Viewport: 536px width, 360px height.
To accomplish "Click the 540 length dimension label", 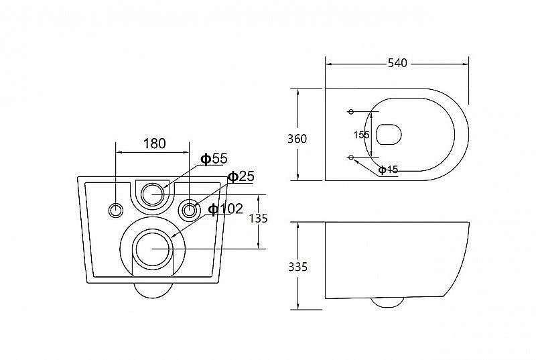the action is coord(397,63).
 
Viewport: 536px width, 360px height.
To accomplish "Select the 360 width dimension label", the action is coord(297,139).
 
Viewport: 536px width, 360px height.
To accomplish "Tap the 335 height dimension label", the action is coord(297,267).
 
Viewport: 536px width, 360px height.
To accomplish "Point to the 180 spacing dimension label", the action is coord(155,143).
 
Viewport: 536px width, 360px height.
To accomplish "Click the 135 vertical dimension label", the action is coord(258,218).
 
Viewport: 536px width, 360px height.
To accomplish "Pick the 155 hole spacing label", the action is coord(361,135).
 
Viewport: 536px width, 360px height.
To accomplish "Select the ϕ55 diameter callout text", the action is coord(214,159).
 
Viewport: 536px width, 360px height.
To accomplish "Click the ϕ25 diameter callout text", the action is coord(241,176).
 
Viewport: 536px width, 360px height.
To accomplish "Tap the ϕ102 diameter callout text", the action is coord(226,208).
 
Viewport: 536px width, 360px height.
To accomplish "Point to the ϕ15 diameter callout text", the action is coord(389,170).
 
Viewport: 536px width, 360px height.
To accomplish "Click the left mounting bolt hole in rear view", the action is coord(116,211).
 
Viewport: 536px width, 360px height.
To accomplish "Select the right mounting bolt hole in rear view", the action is coord(189,210).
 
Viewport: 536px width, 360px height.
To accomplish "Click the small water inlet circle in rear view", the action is coord(153,194).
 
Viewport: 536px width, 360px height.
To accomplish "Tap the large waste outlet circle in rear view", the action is coord(153,249).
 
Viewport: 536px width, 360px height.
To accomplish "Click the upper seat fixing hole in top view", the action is coord(351,111).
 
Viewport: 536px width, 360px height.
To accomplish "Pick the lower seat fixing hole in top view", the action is coord(351,157).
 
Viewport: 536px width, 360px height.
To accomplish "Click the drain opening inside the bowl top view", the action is coord(389,134).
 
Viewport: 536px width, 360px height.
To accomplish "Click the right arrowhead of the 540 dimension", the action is coord(465,64).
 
